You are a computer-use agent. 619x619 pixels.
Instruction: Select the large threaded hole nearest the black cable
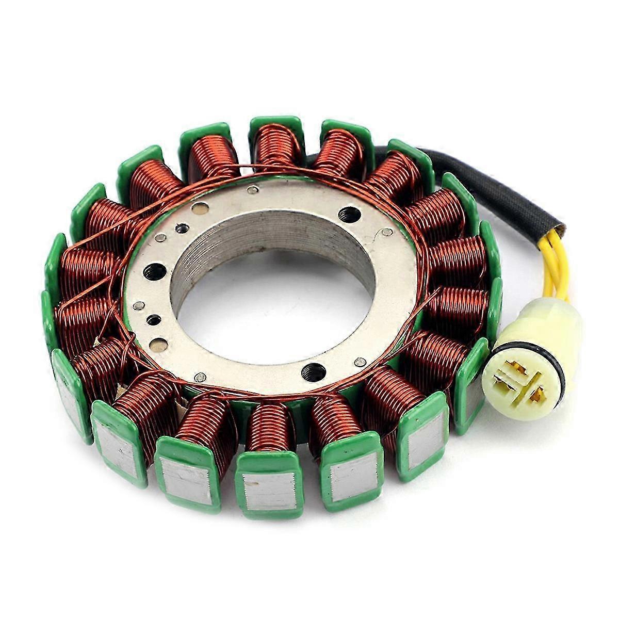(349, 215)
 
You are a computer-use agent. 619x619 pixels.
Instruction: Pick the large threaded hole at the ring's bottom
(314, 371)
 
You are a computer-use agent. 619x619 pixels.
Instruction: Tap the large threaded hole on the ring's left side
(154, 271)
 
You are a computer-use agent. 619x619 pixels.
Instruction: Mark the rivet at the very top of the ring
(253, 190)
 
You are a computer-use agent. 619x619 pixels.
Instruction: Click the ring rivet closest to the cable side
(388, 233)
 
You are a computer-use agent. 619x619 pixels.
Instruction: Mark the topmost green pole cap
(276, 123)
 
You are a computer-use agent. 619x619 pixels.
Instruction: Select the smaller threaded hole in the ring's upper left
(182, 227)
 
